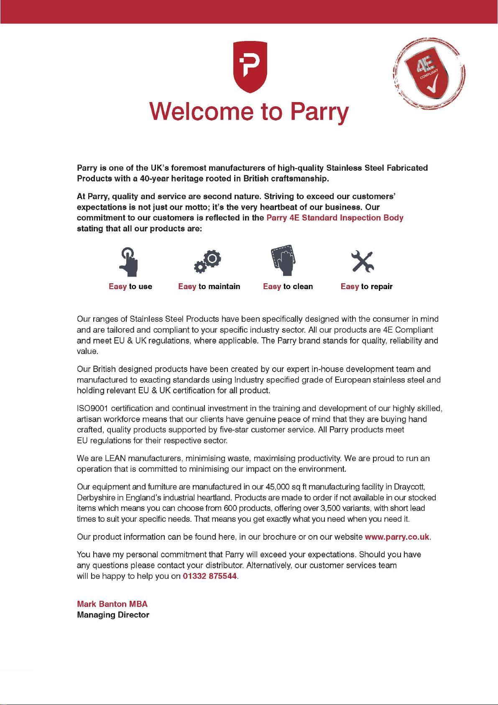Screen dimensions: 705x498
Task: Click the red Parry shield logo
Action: pos(250,67)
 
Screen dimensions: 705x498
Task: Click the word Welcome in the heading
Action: pos(201,112)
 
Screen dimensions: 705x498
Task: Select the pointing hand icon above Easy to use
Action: pos(129,262)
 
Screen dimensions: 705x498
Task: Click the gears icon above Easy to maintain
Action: pos(208,261)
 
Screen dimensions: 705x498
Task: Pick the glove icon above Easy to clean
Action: pos(284,260)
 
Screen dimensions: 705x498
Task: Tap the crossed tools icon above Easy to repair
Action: pos(362,262)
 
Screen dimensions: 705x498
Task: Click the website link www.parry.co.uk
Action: pos(397,537)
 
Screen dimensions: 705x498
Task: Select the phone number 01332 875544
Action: pos(209,576)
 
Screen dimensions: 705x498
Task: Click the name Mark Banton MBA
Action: pos(112,604)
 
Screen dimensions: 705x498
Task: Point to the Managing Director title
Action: pos(113,615)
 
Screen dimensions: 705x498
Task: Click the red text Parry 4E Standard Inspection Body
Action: pos(335,218)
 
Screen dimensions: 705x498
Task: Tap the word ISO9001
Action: pos(92,408)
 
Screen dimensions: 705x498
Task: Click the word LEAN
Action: pos(115,459)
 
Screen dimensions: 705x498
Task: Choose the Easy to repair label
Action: pos(366,287)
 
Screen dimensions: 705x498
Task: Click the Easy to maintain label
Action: pos(209,287)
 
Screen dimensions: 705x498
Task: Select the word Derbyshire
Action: pos(96,498)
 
